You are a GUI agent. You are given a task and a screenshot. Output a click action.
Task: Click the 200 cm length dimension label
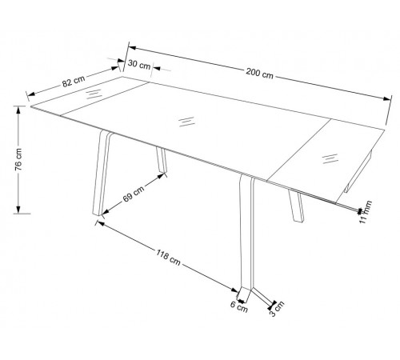click(x=259, y=73)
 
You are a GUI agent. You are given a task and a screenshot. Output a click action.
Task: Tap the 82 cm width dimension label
click(x=74, y=81)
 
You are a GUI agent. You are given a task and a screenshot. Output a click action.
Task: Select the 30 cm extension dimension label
click(x=139, y=65)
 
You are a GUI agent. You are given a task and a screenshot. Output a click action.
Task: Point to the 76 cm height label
click(x=18, y=159)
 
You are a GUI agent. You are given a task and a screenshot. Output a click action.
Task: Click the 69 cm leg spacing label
click(x=134, y=194)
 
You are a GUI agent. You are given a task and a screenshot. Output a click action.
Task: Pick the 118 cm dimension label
click(x=168, y=258)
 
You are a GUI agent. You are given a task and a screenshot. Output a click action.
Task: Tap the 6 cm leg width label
click(x=239, y=307)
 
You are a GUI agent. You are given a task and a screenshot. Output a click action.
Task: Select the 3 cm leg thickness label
click(x=277, y=309)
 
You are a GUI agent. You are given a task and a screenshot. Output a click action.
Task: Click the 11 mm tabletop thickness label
click(x=365, y=212)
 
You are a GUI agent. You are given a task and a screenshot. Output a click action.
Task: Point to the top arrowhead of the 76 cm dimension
click(x=18, y=110)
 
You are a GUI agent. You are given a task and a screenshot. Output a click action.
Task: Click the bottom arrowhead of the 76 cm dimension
click(x=18, y=210)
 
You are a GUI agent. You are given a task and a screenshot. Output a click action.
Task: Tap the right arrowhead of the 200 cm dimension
click(x=387, y=98)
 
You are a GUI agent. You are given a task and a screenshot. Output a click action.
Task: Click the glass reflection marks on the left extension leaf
click(x=94, y=94)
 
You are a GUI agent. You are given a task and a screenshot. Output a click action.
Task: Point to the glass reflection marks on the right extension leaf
click(x=330, y=158)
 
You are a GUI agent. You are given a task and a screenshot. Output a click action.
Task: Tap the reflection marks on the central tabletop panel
click(x=186, y=122)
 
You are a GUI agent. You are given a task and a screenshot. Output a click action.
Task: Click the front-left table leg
click(x=102, y=173)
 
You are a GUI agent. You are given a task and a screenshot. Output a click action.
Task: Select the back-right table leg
click(x=296, y=206)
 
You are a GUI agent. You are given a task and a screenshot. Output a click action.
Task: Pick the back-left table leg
click(x=162, y=160)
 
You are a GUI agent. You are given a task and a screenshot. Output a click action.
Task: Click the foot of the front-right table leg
click(x=244, y=294)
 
